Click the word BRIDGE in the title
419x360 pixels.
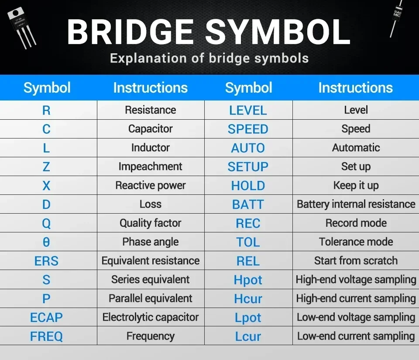point(130,32)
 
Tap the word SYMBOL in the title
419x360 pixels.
point(278,32)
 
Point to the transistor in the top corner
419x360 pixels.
point(21,26)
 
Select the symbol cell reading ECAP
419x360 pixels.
point(46,318)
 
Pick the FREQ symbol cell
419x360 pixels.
point(46,336)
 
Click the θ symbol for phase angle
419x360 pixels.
point(46,242)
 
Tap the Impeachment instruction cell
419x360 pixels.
point(150,166)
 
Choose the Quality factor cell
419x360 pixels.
point(150,223)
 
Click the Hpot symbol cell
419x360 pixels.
point(248,280)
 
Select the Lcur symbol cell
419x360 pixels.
point(248,336)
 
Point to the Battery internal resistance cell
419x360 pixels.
point(356,204)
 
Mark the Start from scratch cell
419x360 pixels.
point(356,261)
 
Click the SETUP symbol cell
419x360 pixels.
point(248,167)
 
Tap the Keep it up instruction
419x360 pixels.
point(356,185)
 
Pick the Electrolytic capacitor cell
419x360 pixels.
point(150,317)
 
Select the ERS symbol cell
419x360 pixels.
point(46,261)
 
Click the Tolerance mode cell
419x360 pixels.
point(356,242)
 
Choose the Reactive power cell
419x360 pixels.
point(150,185)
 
